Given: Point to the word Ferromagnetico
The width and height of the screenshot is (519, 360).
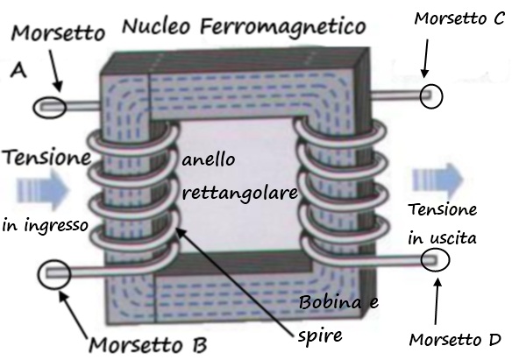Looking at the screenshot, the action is tap(283, 27).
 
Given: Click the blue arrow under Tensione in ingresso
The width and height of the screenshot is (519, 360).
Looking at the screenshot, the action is tap(42, 190).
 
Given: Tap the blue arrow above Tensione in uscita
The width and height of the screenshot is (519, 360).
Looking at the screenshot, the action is tap(437, 180).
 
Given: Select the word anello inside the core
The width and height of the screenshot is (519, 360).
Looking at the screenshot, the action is tap(209, 160).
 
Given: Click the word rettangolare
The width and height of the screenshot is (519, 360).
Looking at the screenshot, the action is tap(240, 193).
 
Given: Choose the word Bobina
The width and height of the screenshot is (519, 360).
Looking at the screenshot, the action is tap(330, 302).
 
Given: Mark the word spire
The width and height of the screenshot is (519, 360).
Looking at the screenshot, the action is tap(320, 336).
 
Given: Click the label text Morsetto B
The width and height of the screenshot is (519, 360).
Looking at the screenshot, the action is tap(148, 345).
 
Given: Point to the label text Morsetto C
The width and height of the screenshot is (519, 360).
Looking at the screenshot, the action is tap(459, 18).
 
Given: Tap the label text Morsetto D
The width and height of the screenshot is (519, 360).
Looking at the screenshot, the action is tap(455, 340).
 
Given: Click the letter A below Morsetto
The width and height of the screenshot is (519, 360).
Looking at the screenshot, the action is tap(18, 70).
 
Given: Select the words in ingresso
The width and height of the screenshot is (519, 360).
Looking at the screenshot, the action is tap(45, 226).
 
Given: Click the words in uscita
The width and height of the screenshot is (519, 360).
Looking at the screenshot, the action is tap(442, 238).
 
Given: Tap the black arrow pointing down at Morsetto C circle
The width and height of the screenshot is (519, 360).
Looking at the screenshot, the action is tap(425, 59).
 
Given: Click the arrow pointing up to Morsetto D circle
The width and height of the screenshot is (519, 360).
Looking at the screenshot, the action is tap(437, 300).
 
